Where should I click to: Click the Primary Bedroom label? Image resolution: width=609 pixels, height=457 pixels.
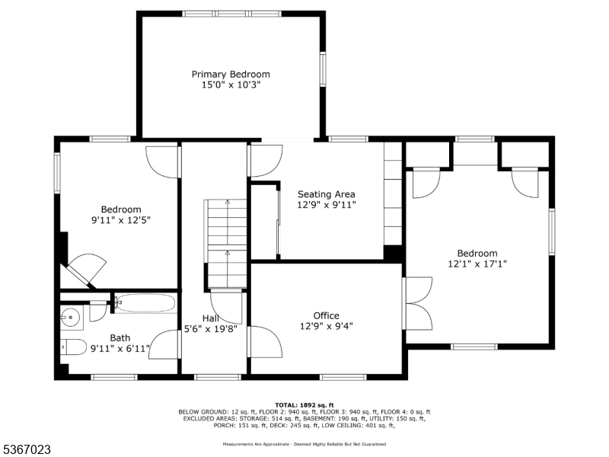click(x=230, y=75)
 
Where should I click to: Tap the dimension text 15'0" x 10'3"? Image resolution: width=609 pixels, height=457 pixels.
click(x=230, y=85)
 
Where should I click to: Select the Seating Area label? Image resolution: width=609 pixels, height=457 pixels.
click(x=326, y=194)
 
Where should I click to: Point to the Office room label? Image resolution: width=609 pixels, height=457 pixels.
click(x=326, y=315)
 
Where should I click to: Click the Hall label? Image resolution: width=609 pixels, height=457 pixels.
click(x=211, y=318)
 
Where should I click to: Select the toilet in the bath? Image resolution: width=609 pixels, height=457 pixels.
click(x=74, y=347)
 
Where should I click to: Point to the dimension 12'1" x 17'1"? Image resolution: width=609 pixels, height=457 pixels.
click(x=477, y=264)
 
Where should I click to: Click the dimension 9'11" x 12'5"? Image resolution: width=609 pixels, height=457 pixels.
click(x=121, y=220)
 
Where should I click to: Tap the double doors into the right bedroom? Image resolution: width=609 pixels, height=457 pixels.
click(x=419, y=303)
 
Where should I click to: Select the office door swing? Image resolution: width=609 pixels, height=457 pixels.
click(x=265, y=341)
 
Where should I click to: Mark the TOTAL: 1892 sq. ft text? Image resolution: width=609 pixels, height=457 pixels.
click(x=304, y=405)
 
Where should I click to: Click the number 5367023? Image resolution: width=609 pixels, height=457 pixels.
click(x=27, y=450)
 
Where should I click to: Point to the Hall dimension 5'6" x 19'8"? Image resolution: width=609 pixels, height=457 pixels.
click(x=210, y=329)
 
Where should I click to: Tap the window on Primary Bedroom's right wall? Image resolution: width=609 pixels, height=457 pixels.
click(x=323, y=69)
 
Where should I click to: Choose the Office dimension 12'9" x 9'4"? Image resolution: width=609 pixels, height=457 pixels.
click(x=326, y=326)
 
